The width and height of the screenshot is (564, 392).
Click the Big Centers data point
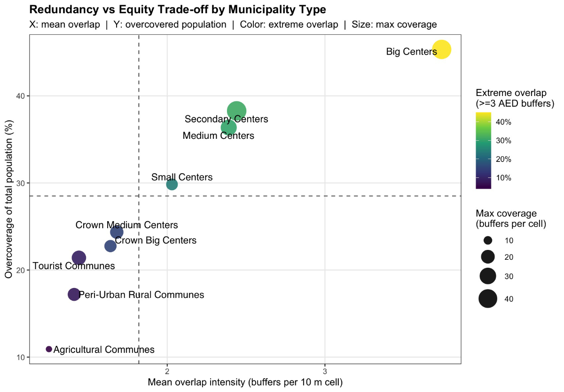(x=441, y=49)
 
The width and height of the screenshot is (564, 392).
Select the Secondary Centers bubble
(x=237, y=111)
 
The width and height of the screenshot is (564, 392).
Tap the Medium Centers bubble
(x=228, y=128)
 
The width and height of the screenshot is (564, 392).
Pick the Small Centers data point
(x=172, y=184)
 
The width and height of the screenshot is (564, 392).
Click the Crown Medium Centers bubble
(x=117, y=232)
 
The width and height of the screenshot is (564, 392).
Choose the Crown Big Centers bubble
(x=110, y=246)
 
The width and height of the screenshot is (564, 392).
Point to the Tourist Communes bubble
(x=79, y=257)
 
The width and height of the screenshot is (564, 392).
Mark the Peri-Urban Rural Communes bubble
(x=74, y=294)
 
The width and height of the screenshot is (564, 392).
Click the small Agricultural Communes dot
(x=49, y=349)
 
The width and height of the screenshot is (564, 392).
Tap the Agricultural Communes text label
(x=104, y=350)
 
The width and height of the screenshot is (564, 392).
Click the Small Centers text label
(x=182, y=177)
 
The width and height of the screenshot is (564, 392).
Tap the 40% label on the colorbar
(x=503, y=122)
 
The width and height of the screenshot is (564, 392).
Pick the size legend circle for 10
(x=488, y=240)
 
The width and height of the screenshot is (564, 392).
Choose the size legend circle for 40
(x=488, y=298)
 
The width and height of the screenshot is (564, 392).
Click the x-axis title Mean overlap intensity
(x=245, y=382)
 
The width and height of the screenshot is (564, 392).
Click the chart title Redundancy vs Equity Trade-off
(x=178, y=9)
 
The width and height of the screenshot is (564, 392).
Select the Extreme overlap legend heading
(x=515, y=97)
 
